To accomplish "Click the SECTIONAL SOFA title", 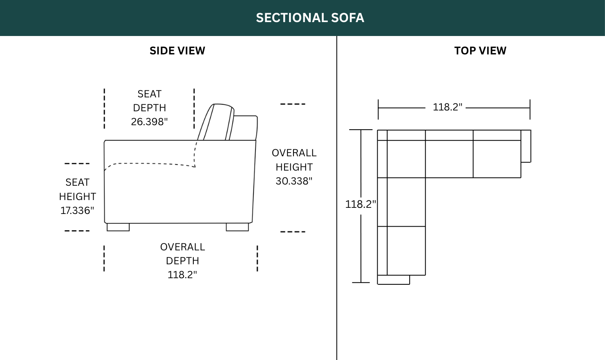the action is coord(310,18).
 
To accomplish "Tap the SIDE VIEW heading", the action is coord(177,51).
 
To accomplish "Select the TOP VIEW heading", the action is coord(480,51).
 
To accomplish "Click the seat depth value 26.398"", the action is coord(149,122).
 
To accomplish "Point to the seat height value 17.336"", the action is coord(77,211).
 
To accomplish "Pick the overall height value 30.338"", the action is coord(294,181).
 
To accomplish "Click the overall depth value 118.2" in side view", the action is coord(182,275).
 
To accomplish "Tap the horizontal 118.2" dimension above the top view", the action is coord(448,107).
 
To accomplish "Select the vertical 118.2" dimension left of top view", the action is coord(361,204).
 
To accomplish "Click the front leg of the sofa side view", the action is coord(118,227).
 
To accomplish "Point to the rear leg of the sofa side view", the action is coord(238,227).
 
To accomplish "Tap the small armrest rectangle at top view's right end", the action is coord(526,146).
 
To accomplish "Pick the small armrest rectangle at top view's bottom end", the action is coord(394,280).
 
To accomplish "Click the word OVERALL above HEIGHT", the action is coord(294,153).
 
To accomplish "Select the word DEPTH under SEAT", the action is coord(149,108).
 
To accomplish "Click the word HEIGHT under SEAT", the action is coord(78,196).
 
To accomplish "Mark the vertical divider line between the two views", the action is coord(337,198).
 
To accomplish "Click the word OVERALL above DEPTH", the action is coord(183,247).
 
